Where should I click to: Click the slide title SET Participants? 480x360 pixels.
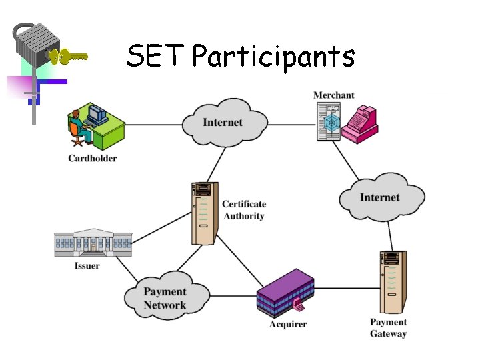point(240,57)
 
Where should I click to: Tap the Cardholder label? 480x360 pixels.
point(92,159)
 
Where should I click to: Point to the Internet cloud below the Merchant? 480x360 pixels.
point(381,197)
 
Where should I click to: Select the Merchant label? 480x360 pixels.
point(334,95)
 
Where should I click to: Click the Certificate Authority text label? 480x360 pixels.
point(244,210)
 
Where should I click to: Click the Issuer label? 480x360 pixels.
point(87,266)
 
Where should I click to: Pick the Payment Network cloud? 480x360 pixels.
point(165,298)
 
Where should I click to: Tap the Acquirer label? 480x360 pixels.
point(288,325)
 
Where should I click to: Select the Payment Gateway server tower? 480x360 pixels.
point(393,281)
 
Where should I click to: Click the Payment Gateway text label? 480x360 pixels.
point(388,328)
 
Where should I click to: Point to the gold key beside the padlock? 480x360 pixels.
point(69,57)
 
